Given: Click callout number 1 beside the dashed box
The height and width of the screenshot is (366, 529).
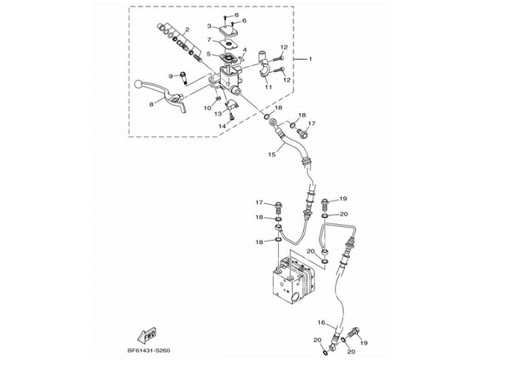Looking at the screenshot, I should (309, 59).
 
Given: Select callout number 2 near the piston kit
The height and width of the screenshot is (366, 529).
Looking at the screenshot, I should (186, 29).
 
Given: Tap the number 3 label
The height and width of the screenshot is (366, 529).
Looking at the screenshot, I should (208, 26).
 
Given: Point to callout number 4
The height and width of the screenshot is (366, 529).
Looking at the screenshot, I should (244, 50).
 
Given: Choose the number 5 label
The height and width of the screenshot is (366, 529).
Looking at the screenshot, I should (208, 54).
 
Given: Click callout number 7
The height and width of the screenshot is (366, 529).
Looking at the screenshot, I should (208, 40).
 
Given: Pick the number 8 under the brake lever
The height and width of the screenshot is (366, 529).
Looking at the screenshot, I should (151, 104).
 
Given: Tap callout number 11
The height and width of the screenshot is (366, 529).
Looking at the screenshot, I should (269, 87).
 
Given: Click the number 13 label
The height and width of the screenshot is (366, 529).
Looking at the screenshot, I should (218, 114).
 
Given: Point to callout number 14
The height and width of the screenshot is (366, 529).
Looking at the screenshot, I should (220, 126).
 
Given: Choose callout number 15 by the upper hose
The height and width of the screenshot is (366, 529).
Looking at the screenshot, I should (271, 154).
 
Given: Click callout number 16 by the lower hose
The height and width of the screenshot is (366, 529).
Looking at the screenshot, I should (321, 323).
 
